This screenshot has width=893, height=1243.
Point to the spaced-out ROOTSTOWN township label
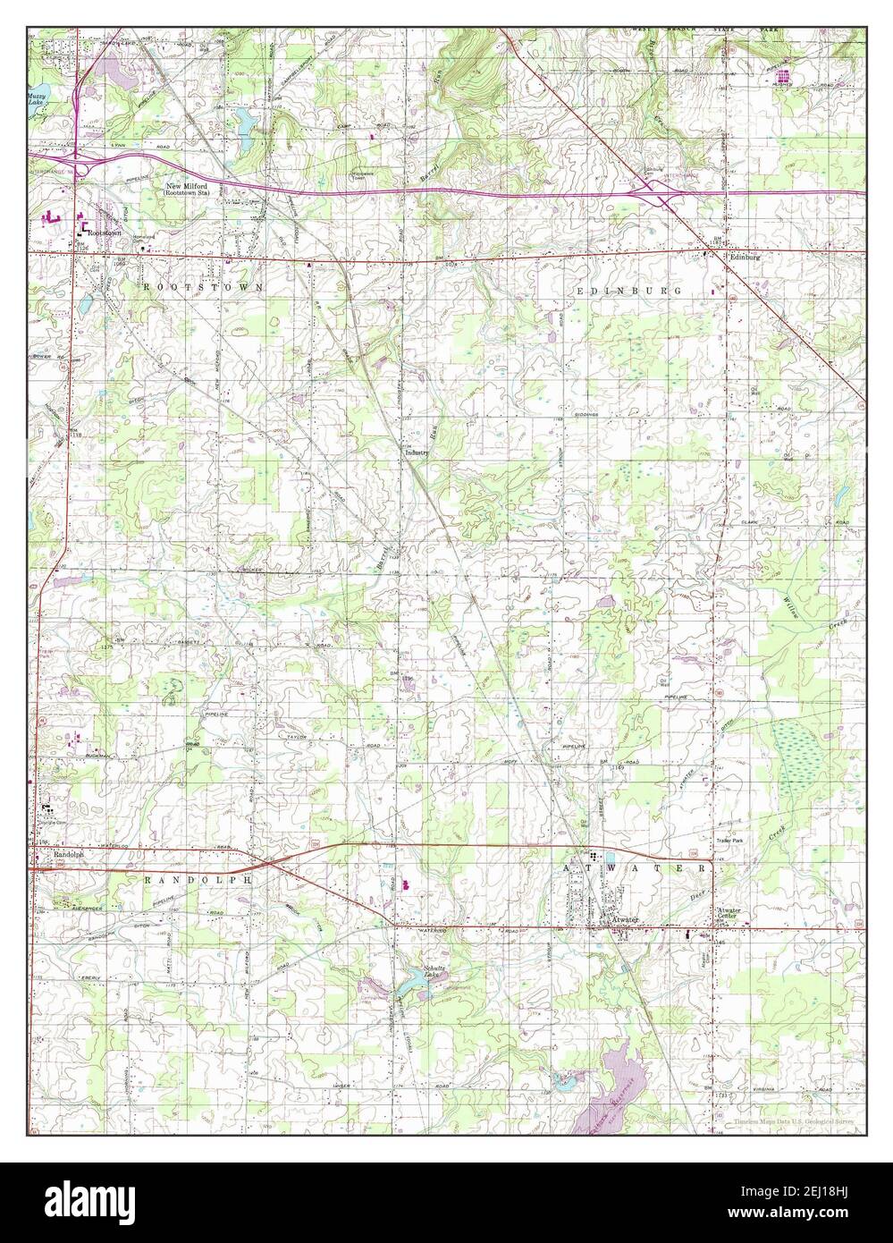(203, 287)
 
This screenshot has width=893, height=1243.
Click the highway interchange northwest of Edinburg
(656, 190)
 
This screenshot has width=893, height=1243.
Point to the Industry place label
(417, 452)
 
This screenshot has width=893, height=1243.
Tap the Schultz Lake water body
(412, 984)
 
